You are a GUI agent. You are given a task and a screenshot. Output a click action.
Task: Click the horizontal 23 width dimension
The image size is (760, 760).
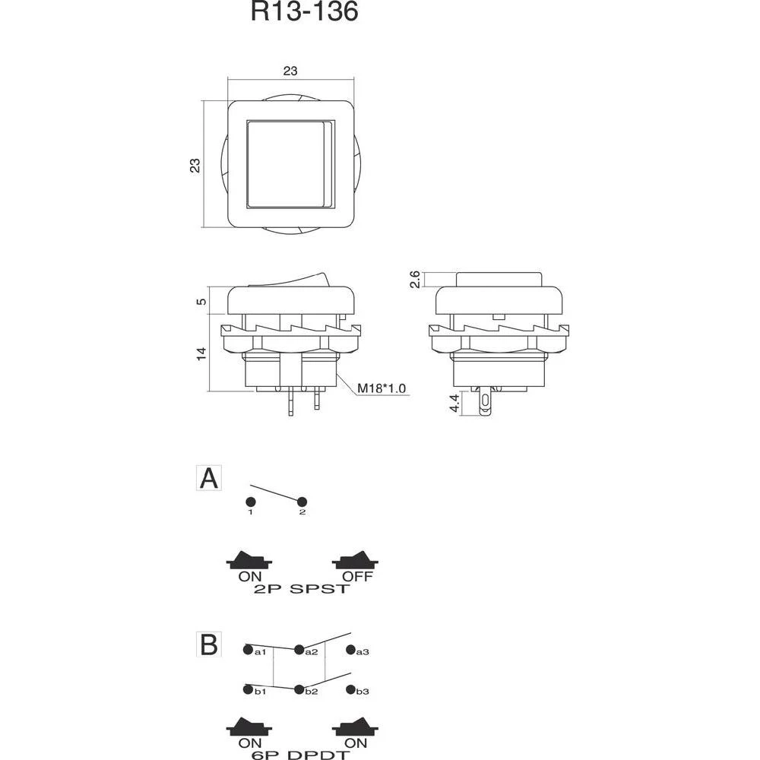pyautogui.click(x=290, y=71)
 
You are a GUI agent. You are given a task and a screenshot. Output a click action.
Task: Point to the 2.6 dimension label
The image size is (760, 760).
pyautogui.click(x=414, y=279)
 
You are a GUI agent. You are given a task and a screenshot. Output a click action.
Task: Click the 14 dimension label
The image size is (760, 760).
pyautogui.click(x=201, y=353)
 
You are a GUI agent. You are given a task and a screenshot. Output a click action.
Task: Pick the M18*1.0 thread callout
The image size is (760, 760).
pyautogui.click(x=382, y=388)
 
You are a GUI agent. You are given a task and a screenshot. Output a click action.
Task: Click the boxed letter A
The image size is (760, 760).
pyautogui.click(x=208, y=479)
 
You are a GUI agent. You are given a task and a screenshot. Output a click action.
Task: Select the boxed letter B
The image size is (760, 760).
pyautogui.click(x=208, y=644)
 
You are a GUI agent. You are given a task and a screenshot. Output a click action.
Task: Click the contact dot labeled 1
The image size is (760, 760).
pyautogui.click(x=250, y=502)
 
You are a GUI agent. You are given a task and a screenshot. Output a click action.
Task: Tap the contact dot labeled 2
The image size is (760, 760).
pyautogui.click(x=302, y=502)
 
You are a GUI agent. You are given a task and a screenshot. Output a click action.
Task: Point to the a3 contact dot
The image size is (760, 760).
pyautogui.click(x=350, y=650)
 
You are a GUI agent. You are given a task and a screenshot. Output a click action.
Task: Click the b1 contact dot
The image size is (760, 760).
pyautogui.click(x=248, y=690)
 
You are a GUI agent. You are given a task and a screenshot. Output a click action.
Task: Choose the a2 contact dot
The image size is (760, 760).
pyautogui.click(x=299, y=650)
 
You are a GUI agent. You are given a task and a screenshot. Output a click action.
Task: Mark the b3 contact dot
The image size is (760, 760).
pyautogui.click(x=350, y=690)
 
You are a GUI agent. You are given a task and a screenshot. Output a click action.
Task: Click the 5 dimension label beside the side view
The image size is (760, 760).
pyautogui.click(x=201, y=301)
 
